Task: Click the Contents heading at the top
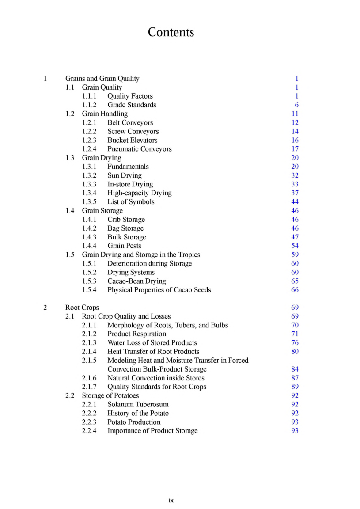coord(171,32)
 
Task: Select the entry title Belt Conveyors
coord(130,122)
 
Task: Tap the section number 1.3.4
coord(89,193)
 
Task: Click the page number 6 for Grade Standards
coord(296,105)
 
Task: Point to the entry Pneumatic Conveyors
coord(139,149)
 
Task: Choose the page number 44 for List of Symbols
coord(295,202)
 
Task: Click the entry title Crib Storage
coord(126,220)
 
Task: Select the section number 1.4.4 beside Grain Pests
coord(89,246)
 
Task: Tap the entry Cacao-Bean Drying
coord(136,281)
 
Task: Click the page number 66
coord(295,290)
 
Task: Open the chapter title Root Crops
coord(82,308)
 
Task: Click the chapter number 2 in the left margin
coord(45,308)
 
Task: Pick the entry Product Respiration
coord(136,334)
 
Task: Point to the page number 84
coord(295,369)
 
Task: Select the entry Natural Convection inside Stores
coord(155,378)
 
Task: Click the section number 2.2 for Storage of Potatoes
coord(70,395)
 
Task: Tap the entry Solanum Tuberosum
coord(138,404)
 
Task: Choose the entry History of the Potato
coord(138,413)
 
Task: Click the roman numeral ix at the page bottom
coord(171,501)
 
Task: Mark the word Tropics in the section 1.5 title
coord(189,254)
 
